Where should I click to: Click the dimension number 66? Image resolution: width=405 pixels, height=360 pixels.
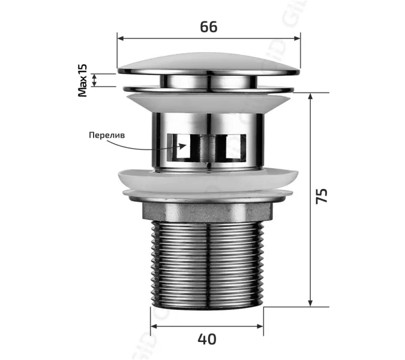pyautogui.click(x=208, y=26)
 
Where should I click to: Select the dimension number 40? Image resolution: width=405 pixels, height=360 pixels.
pyautogui.click(x=206, y=340)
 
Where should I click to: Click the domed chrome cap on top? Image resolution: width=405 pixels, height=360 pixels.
pyautogui.click(x=208, y=62)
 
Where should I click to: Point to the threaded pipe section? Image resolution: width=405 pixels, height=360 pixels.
pyautogui.click(x=206, y=264)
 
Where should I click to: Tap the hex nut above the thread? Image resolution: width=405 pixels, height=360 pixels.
pyautogui.click(x=206, y=211)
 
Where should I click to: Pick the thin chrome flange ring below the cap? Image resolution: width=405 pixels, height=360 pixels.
pyautogui.click(x=208, y=90)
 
